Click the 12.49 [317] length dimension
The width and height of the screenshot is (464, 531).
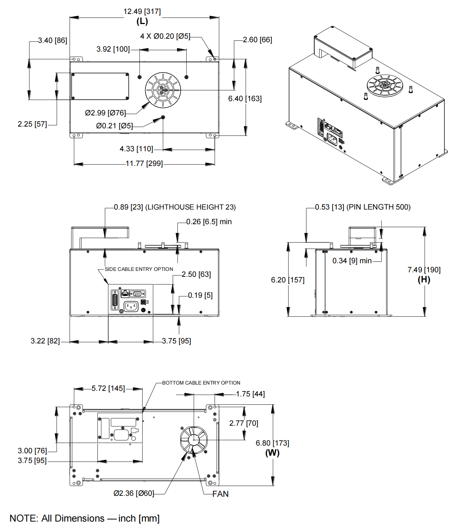[142, 12]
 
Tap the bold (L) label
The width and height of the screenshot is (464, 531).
[142, 21]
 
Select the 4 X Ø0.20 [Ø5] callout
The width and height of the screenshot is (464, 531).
[165, 36]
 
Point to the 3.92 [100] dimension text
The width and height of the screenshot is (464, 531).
[113, 49]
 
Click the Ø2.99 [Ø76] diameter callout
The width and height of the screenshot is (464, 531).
[105, 113]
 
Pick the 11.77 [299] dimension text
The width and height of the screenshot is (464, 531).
[144, 164]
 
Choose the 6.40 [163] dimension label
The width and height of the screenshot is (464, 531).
[245, 99]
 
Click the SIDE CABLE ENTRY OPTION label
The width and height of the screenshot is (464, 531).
[139, 269]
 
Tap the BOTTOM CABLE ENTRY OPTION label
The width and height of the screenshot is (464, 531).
[201, 383]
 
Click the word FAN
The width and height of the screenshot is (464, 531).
[220, 494]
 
